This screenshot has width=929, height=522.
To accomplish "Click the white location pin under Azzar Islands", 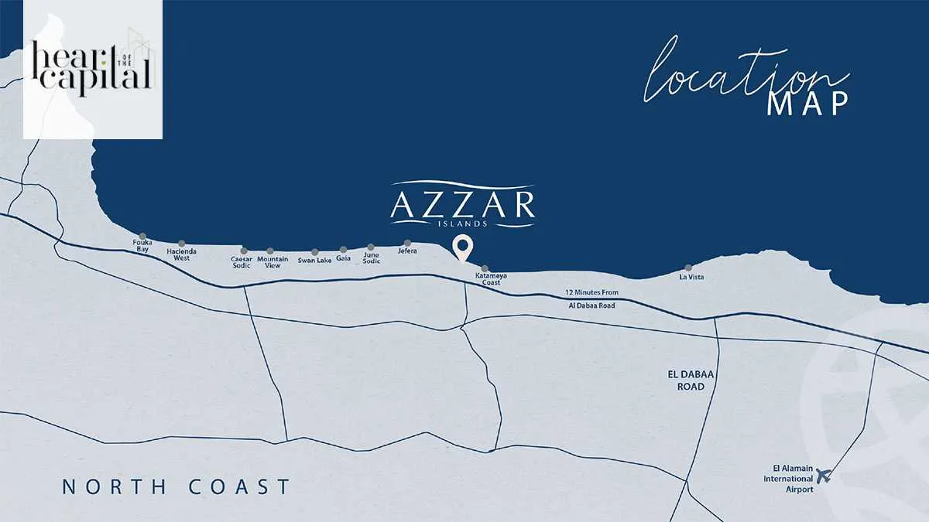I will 463,248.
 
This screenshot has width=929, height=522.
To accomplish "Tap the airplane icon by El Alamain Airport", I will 823,475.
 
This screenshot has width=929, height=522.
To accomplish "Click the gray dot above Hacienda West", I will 182,244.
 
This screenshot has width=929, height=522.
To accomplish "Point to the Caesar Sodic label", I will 242,262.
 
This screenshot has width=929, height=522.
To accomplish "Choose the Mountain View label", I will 273,262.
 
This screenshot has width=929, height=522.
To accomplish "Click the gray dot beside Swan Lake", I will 314,252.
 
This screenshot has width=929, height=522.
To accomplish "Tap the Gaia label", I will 344,258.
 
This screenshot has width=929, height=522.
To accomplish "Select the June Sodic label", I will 372,258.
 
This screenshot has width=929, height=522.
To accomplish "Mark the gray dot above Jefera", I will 407,243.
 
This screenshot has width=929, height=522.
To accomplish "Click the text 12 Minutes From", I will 592,293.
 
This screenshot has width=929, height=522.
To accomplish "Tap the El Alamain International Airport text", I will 789,479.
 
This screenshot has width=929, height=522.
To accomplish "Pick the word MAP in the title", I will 807,104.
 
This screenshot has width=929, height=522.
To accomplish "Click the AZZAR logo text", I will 463,205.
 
